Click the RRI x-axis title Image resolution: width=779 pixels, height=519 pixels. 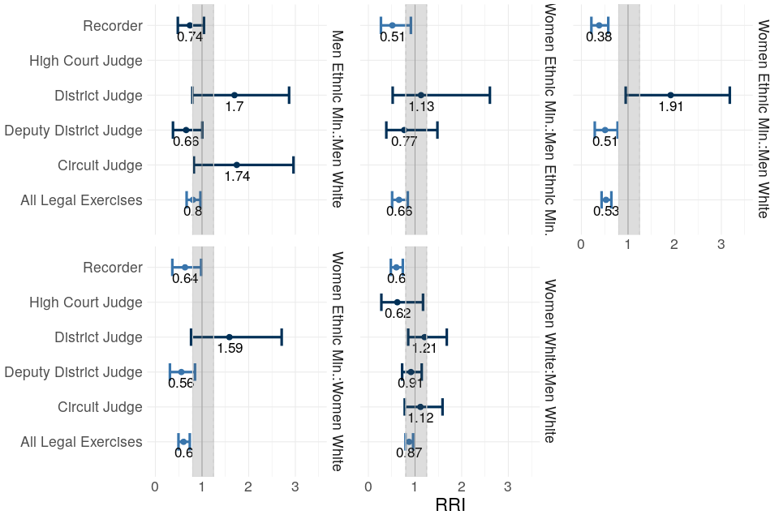450,504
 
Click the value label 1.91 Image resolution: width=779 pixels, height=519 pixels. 671,106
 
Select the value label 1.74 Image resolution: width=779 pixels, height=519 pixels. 237,176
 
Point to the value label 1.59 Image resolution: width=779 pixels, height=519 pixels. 230,348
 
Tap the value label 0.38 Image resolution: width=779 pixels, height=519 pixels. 599,36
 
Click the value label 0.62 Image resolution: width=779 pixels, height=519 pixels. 398,313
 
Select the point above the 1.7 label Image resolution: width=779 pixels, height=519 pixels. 235,95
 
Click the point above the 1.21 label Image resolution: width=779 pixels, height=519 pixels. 424,337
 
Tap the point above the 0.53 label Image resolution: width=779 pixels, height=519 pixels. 605,199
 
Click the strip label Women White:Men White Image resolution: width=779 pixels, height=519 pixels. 549,361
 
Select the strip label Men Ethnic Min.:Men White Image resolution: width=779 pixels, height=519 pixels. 336,118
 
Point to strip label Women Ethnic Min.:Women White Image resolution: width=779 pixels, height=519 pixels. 336,361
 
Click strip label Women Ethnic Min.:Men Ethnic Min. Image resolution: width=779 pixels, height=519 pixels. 549,118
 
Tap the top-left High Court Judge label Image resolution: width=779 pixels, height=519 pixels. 86,61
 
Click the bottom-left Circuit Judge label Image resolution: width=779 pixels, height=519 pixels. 101,407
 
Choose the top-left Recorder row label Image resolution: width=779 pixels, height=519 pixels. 113,26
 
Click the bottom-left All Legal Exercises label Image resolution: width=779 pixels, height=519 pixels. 82,442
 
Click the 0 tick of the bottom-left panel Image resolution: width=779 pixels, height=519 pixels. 155,487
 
